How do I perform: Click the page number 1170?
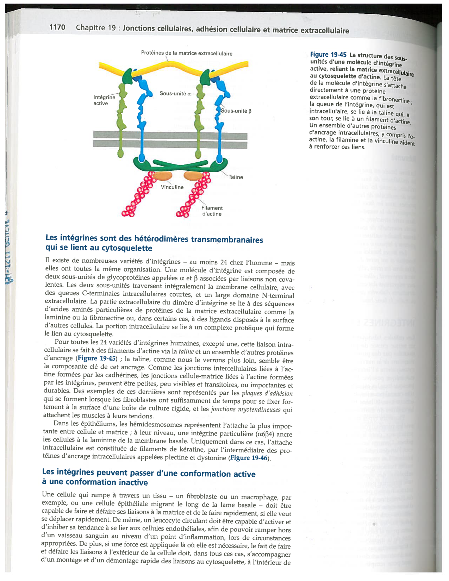pyautogui.click(x=57, y=27)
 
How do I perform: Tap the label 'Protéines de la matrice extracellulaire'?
pyautogui.click(x=187, y=54)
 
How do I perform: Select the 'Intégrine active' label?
pyautogui.click(x=104, y=100)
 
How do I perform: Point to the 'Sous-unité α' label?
pyautogui.click(x=175, y=94)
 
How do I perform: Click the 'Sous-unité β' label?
pyautogui.click(x=236, y=111)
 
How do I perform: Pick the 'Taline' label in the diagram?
pyautogui.click(x=236, y=177)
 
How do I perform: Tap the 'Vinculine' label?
pyautogui.click(x=172, y=187)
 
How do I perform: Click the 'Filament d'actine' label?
pyautogui.click(x=212, y=211)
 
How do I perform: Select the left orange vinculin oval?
pyautogui.click(x=162, y=176)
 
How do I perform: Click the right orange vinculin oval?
pyautogui.click(x=193, y=176)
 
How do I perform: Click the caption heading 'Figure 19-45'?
pyautogui.click(x=328, y=55)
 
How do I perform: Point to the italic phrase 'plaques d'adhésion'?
pyautogui.click(x=267, y=393)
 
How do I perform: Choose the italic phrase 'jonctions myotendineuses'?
pyautogui.click(x=245, y=409)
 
